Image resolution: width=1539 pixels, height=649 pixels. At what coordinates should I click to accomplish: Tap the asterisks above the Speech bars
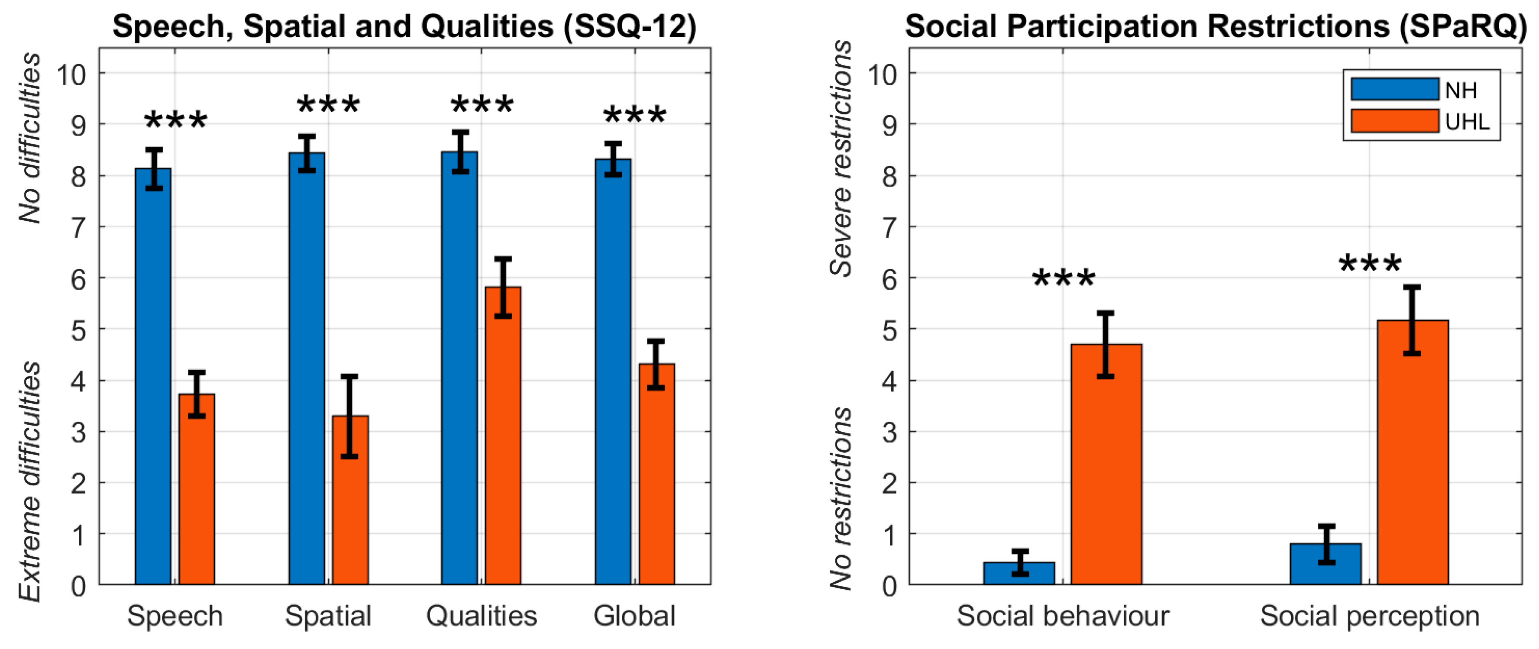tap(176, 121)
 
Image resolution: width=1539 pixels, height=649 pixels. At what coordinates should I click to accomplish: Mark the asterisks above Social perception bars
tap(1370, 264)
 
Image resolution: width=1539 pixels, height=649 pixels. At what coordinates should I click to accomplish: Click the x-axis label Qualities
tap(482, 616)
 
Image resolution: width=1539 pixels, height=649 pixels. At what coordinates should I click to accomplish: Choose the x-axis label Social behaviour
tap(1063, 616)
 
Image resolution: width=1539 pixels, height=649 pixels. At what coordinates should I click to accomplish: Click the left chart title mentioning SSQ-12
tap(404, 26)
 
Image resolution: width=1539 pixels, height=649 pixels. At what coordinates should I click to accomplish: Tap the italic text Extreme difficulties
tap(30, 481)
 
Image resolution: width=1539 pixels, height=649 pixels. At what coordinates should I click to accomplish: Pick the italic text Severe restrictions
tap(841, 158)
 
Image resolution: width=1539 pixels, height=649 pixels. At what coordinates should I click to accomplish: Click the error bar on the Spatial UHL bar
tap(350, 416)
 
